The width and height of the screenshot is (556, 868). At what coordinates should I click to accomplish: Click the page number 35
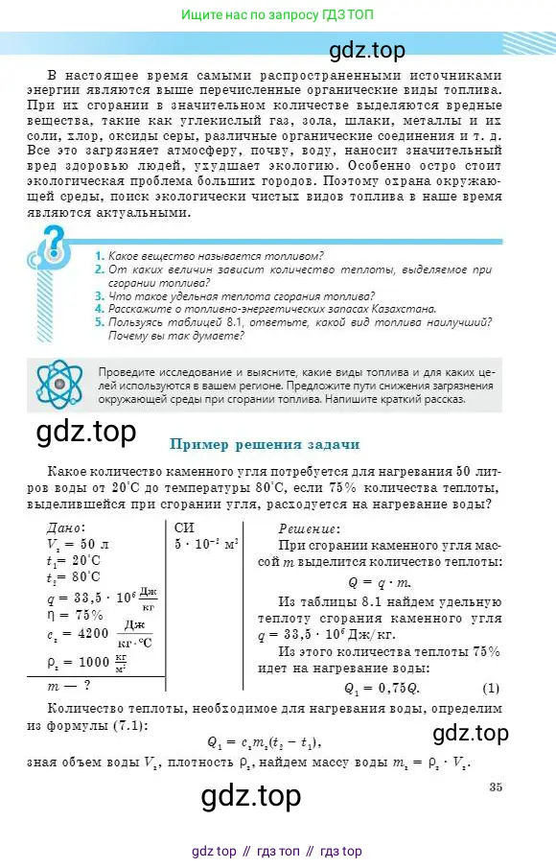[x=496, y=762]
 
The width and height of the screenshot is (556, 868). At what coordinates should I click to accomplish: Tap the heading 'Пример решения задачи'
[x=265, y=444]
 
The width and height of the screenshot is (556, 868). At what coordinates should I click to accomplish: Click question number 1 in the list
[x=100, y=256]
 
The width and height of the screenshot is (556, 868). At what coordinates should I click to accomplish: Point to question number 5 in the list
[x=100, y=323]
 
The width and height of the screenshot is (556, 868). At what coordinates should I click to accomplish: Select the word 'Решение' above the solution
[x=308, y=528]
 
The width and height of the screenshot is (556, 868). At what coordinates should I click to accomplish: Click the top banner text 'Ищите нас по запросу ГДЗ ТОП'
[x=278, y=15]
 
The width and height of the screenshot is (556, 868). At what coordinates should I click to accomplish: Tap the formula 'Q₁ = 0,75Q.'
[x=382, y=688]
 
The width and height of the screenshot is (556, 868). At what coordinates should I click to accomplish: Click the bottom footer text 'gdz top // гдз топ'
[x=277, y=851]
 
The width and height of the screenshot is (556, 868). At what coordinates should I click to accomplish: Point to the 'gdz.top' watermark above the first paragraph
[x=368, y=50]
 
